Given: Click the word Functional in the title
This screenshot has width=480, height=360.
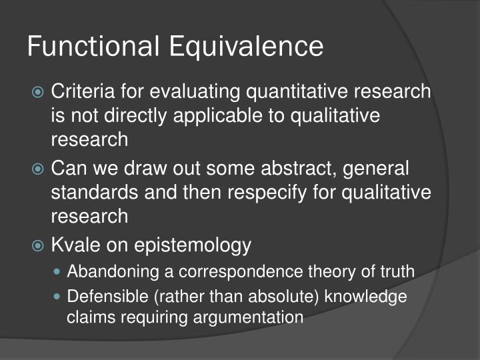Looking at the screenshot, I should click(93, 47).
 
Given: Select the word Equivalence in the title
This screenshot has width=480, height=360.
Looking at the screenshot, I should click(246, 47).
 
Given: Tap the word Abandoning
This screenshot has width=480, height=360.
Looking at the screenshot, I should click(108, 271).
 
